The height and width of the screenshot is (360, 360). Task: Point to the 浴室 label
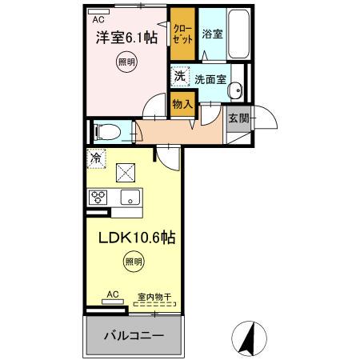(212, 35)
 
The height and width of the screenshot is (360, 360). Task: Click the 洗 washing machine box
(179, 78)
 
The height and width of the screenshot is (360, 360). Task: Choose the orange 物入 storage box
(183, 102)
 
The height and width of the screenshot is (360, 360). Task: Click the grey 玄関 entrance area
(238, 118)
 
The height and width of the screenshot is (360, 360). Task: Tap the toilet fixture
(106, 130)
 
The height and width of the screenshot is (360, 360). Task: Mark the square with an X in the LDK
(126, 170)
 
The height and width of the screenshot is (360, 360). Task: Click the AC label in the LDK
(113, 294)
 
